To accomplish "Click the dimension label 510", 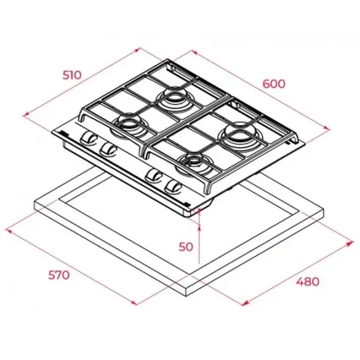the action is tap(72, 75).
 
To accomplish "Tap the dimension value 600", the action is tap(274, 84).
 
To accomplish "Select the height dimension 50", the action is tap(186, 247).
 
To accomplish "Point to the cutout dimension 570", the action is tap(59, 275).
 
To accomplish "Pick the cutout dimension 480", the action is tap(308, 281).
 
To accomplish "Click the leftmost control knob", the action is tap(88, 138).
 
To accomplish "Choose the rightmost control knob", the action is tap(174, 187).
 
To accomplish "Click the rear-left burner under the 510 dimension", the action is tap(173, 98).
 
